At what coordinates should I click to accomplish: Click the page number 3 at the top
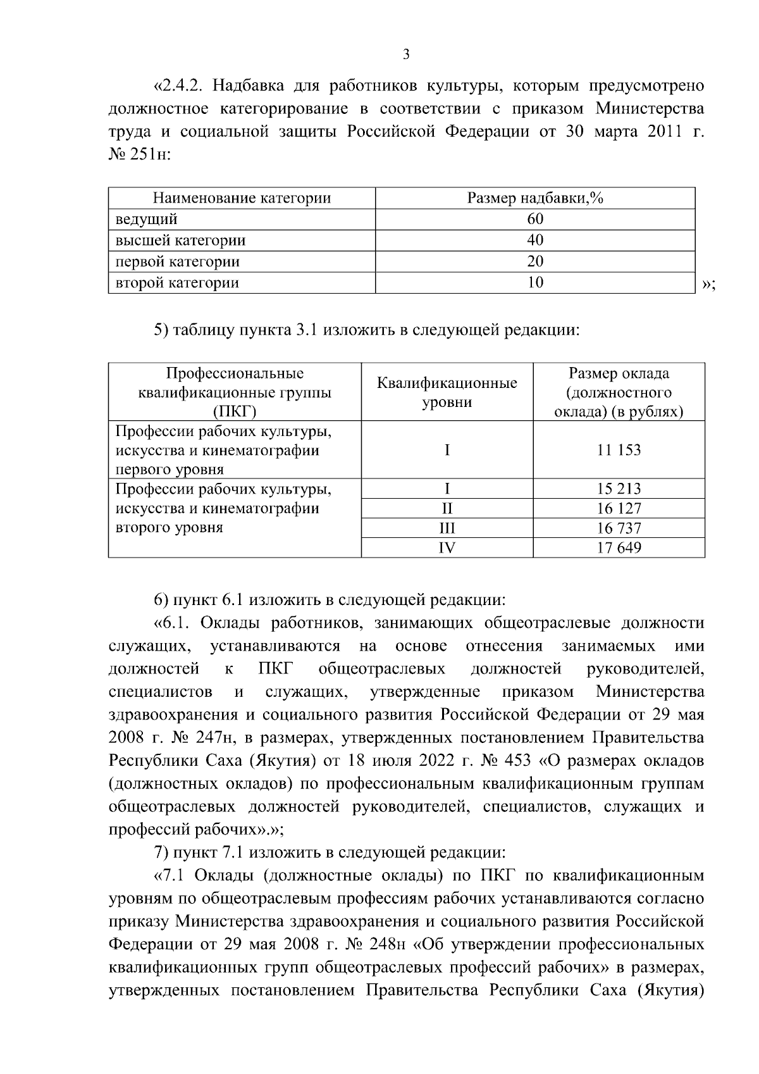[406, 55]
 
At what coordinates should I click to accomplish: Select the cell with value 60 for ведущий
[535, 220]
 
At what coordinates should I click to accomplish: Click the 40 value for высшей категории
[535, 240]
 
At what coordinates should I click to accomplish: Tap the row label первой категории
[177, 261]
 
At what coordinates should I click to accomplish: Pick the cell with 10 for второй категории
[535, 282]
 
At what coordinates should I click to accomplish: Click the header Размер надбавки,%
[535, 198]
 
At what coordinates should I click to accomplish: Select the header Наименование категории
[242, 198]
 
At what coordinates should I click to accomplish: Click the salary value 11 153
[619, 450]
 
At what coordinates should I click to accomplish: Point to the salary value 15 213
[619, 489]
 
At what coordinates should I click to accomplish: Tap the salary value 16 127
[619, 508]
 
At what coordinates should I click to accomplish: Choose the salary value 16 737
[619, 528]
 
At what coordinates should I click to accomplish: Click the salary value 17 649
[619, 547]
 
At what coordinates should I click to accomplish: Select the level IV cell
[447, 547]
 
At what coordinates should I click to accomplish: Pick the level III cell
[447, 528]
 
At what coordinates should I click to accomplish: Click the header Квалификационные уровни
[447, 392]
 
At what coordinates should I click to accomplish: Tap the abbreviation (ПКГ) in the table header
[235, 412]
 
